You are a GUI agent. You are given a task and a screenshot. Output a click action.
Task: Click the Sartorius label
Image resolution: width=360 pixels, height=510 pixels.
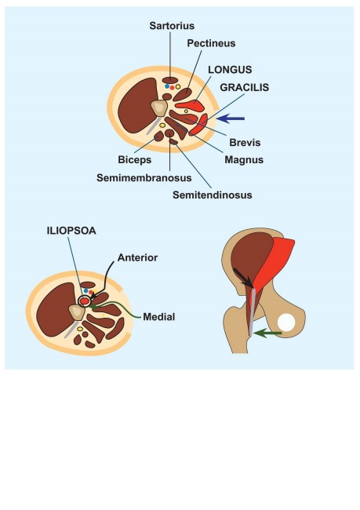point(172,26)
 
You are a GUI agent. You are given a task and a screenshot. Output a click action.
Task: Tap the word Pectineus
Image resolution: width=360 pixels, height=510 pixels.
point(211,43)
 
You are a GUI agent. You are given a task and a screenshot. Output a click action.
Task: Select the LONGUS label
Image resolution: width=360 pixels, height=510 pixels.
point(230,70)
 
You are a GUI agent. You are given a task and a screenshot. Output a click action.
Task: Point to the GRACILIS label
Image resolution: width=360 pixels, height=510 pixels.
point(245,87)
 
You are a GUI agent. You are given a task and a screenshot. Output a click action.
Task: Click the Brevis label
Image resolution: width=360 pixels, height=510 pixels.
point(245,143)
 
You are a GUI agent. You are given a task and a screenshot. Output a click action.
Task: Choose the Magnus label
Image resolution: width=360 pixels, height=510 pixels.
point(244,160)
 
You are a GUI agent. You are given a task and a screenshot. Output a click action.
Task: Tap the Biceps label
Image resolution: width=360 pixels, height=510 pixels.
point(135,160)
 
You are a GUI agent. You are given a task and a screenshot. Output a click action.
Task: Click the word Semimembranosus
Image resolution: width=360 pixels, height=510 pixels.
point(144,178)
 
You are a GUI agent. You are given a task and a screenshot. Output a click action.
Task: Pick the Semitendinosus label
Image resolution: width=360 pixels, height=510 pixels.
point(213,195)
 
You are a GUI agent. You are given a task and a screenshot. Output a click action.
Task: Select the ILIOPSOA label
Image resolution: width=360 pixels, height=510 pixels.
point(71,231)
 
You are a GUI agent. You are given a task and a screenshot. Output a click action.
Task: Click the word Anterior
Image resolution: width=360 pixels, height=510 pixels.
point(137,257)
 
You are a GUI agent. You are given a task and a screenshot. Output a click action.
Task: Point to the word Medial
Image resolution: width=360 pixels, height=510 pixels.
point(159,317)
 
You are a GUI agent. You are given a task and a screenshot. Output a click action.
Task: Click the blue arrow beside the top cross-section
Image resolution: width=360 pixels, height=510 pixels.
point(231,118)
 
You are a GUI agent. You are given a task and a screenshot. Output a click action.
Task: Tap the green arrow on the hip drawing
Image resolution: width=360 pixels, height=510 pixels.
point(267,333)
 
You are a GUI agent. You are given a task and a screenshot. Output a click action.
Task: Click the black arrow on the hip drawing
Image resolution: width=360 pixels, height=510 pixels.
point(243,278)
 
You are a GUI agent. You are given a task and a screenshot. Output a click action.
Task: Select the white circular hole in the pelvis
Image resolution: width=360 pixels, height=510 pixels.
point(286,322)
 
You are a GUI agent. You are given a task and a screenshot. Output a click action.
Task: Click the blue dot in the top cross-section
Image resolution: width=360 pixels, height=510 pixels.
point(167,86)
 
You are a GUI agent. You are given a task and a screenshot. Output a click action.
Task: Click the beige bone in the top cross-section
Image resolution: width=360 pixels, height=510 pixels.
point(159,108)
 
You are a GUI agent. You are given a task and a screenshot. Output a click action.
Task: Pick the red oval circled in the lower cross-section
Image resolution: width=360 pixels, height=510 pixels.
point(84,301)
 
